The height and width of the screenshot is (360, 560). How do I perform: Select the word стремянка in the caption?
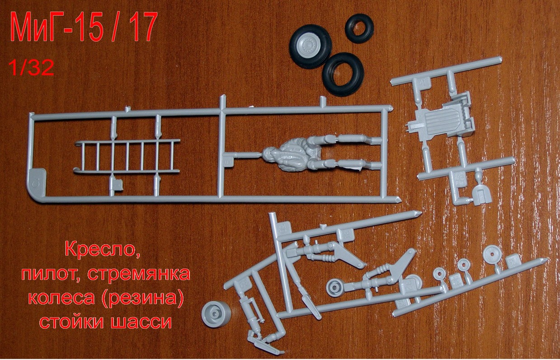(139, 274)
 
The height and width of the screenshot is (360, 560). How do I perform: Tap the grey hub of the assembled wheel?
(310, 46)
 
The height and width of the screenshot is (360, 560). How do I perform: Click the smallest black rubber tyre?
(359, 28)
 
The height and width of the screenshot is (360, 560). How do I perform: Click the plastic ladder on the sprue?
(127, 156)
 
